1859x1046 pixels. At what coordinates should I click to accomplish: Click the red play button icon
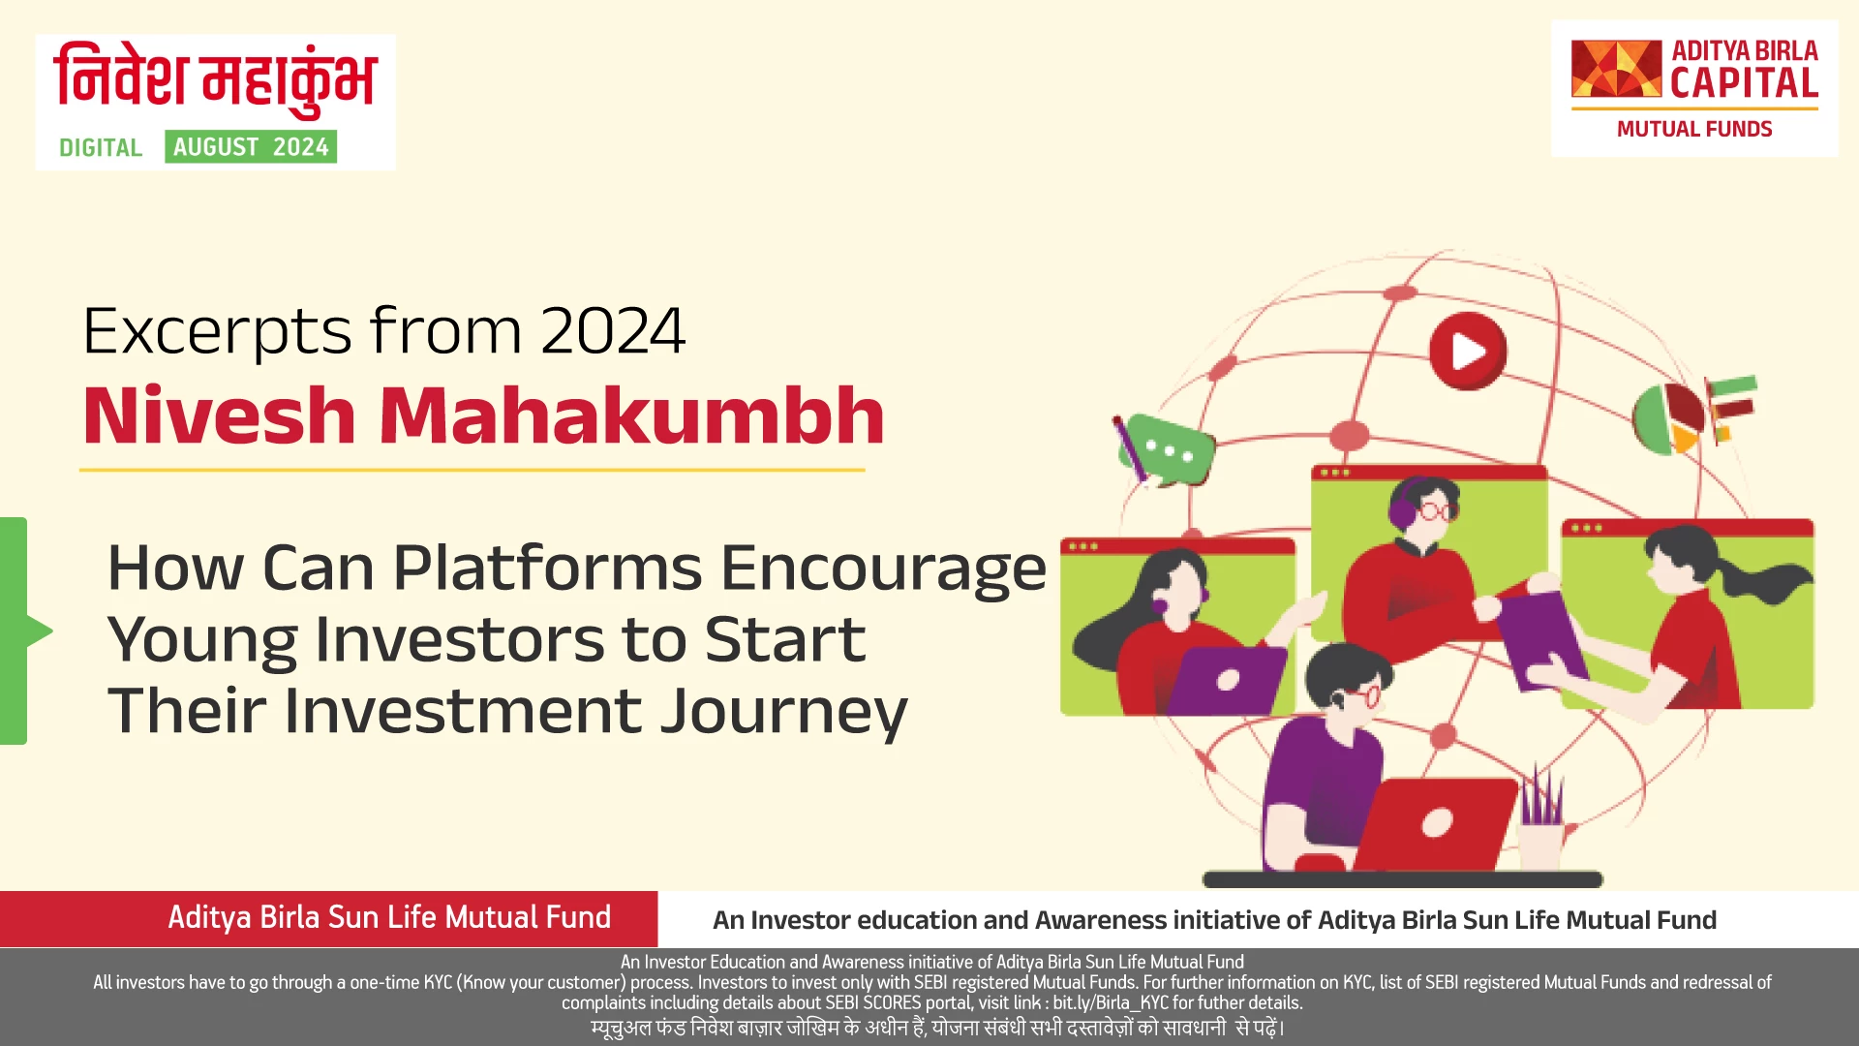click(x=1468, y=351)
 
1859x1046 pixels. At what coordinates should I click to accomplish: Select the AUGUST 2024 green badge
click(x=251, y=147)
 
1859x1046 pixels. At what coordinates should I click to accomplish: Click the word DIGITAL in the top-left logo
click(x=101, y=148)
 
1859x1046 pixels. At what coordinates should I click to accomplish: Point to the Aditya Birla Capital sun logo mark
click(x=1615, y=69)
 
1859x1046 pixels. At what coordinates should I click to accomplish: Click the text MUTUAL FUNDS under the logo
click(x=1693, y=130)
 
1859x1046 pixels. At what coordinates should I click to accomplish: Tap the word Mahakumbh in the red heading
click(x=631, y=416)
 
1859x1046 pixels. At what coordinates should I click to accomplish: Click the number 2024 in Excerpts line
click(x=612, y=331)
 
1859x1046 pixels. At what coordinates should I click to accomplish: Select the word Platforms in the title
click(x=547, y=568)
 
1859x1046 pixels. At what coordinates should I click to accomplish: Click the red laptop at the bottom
click(x=1433, y=823)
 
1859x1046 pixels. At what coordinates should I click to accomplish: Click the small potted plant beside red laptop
click(x=1540, y=823)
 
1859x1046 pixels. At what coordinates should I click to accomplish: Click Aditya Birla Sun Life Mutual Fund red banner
click(x=389, y=918)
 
